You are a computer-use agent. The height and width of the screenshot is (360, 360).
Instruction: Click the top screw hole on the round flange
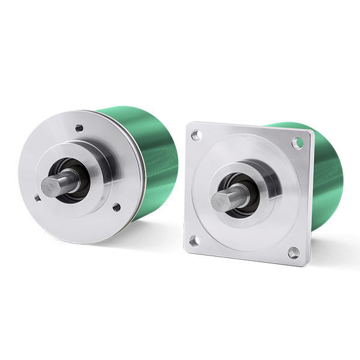pos(79,128)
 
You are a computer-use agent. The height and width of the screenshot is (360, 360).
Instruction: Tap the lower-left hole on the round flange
pos(37,197)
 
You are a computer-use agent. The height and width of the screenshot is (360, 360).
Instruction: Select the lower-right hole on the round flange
pos(116,208)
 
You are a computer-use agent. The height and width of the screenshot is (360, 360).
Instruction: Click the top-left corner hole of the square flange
pos(196,136)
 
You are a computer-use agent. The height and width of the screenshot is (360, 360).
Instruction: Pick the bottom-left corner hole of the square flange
pos(194,241)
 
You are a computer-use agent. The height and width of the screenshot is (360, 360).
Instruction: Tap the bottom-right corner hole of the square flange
pos(293,253)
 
